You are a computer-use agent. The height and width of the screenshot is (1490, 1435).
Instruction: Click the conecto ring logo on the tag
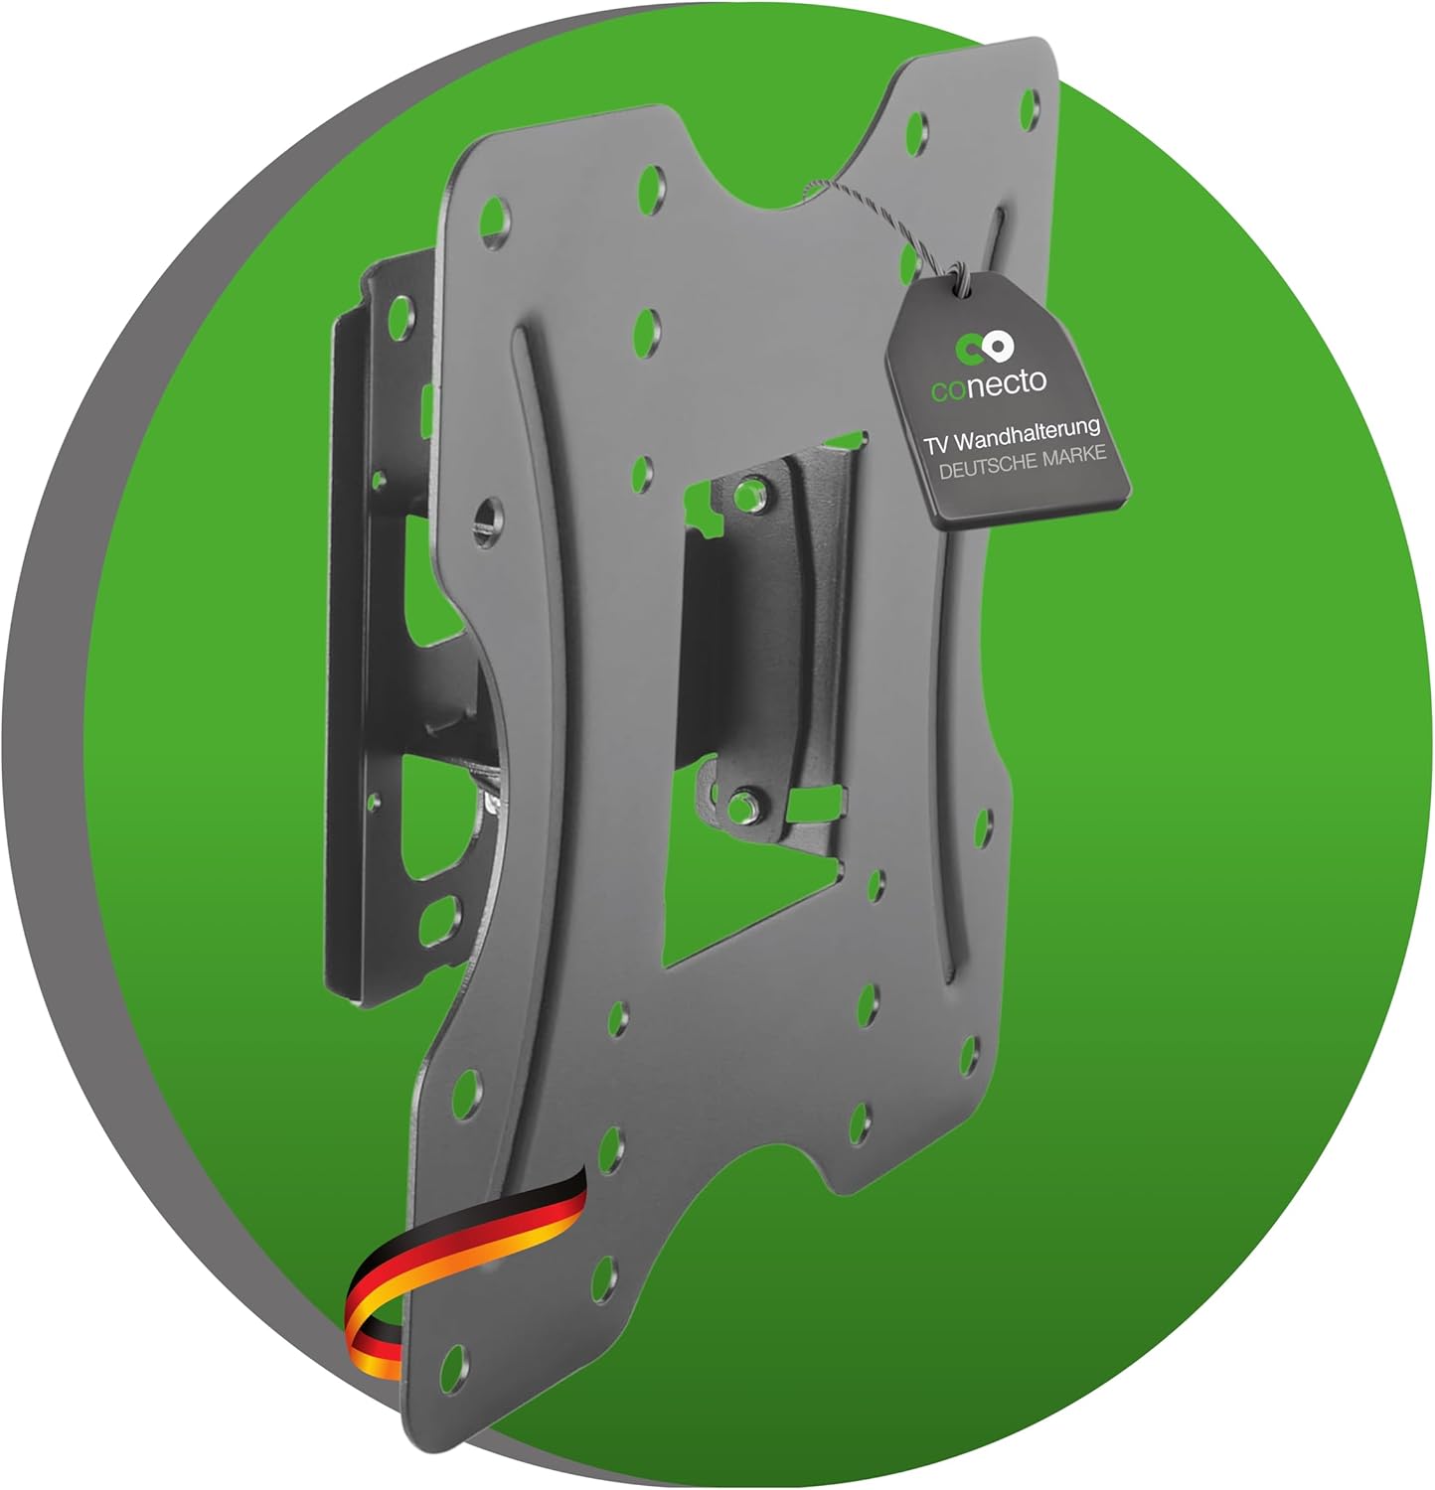pyautogui.click(x=984, y=349)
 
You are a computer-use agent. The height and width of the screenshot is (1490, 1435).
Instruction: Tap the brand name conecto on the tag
pyautogui.click(x=989, y=383)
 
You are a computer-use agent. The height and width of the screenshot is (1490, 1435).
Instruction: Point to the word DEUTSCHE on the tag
pyautogui.click(x=988, y=466)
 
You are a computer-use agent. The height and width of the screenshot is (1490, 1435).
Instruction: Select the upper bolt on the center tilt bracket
pyautogui.click(x=753, y=493)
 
